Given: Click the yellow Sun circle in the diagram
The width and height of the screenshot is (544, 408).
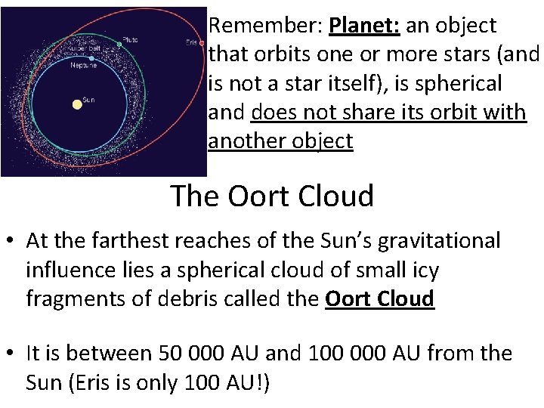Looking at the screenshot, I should point(77,104).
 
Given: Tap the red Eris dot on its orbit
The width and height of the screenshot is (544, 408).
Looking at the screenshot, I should point(201,43).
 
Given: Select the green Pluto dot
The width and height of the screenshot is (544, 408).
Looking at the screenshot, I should point(119,45).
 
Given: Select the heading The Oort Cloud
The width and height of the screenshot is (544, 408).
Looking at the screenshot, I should point(272,196).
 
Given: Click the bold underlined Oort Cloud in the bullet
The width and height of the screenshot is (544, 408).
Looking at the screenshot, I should point(379,299).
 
